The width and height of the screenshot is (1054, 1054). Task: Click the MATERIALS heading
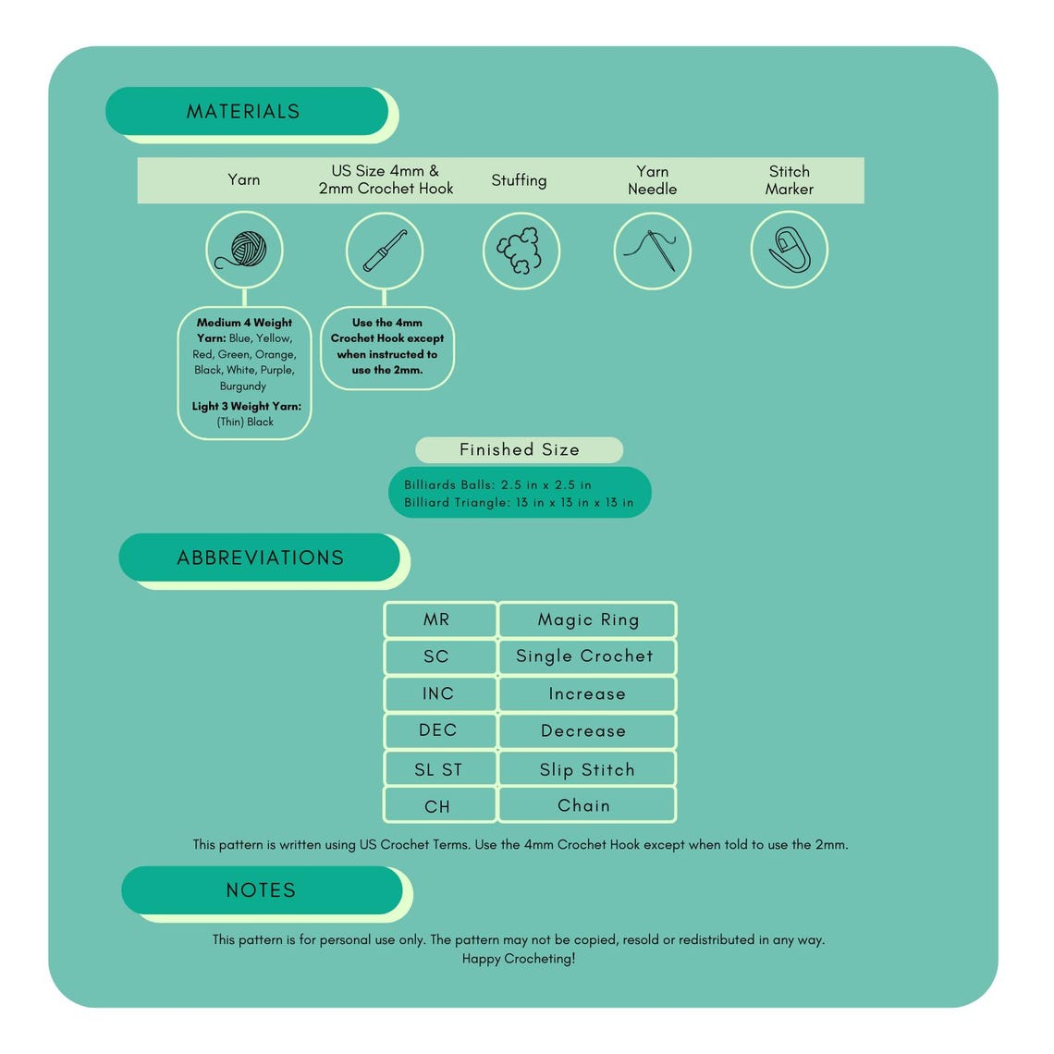(x=242, y=112)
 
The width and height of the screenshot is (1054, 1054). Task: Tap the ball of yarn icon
(x=244, y=250)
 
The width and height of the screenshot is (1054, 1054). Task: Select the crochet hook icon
(x=385, y=251)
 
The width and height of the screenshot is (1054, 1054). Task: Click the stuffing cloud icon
(x=521, y=251)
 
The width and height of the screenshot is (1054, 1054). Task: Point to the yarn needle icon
(x=651, y=250)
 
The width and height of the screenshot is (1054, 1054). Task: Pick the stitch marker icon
(x=790, y=250)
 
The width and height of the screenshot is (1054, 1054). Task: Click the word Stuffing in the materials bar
(x=519, y=180)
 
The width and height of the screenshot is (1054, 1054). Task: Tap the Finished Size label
(x=519, y=449)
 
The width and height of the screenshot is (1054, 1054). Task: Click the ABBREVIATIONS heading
(x=260, y=558)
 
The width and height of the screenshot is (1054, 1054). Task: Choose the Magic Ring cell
(x=587, y=619)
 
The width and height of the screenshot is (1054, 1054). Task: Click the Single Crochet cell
(x=587, y=656)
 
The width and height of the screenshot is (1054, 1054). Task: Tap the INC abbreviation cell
(x=439, y=693)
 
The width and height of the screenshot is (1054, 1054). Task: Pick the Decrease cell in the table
(x=587, y=730)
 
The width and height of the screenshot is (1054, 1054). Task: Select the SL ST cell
(x=439, y=768)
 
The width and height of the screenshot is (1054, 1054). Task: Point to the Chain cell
(x=587, y=804)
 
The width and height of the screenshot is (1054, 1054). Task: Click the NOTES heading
(x=261, y=890)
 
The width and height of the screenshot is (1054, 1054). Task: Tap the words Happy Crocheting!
(x=519, y=959)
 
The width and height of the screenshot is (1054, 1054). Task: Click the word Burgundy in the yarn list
(x=242, y=386)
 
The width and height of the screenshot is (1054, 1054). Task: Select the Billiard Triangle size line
(x=519, y=503)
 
